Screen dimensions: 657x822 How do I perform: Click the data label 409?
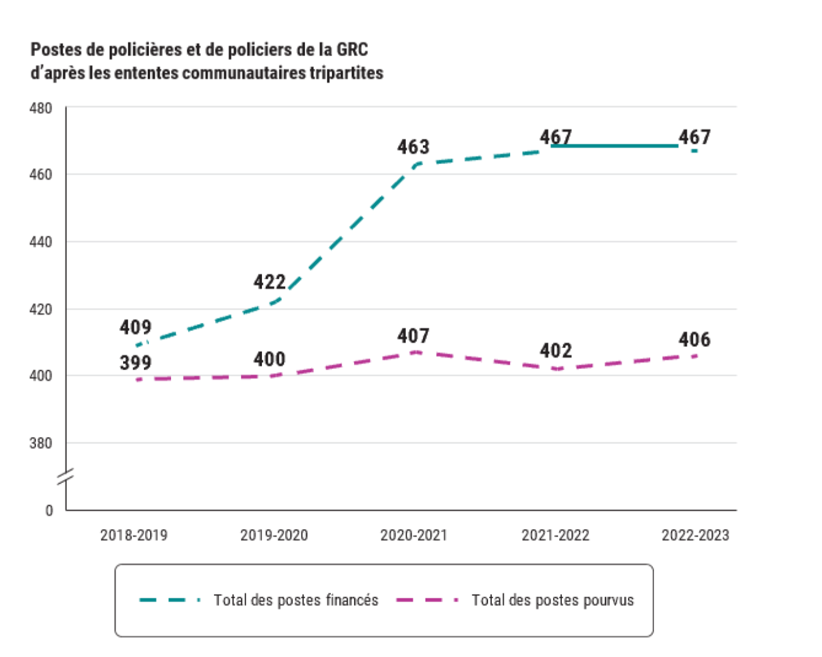136,327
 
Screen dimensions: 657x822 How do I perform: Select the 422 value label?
270,282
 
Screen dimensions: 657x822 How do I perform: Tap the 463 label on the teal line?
414,147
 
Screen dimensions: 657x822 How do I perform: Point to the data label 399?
136,363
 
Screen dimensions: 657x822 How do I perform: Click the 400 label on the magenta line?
270,359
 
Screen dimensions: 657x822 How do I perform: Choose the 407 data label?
414,336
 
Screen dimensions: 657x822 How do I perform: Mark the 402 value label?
556,351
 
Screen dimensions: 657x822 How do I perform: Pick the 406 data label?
694,340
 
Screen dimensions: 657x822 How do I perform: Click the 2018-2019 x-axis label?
134,535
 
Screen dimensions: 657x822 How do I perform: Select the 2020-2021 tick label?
414,535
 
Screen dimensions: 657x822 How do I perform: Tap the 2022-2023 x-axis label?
695,535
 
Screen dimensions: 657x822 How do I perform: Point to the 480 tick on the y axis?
40,108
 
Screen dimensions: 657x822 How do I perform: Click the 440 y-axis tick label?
40,242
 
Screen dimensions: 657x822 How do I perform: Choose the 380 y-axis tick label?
40,443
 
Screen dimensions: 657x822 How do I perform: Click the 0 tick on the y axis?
49,511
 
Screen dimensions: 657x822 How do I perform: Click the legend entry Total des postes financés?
295,600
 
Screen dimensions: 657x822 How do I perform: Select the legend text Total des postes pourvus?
552,600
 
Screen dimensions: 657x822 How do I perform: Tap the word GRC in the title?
352,50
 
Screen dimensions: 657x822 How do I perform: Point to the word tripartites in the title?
346,73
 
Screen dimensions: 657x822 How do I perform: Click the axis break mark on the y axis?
66,477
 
